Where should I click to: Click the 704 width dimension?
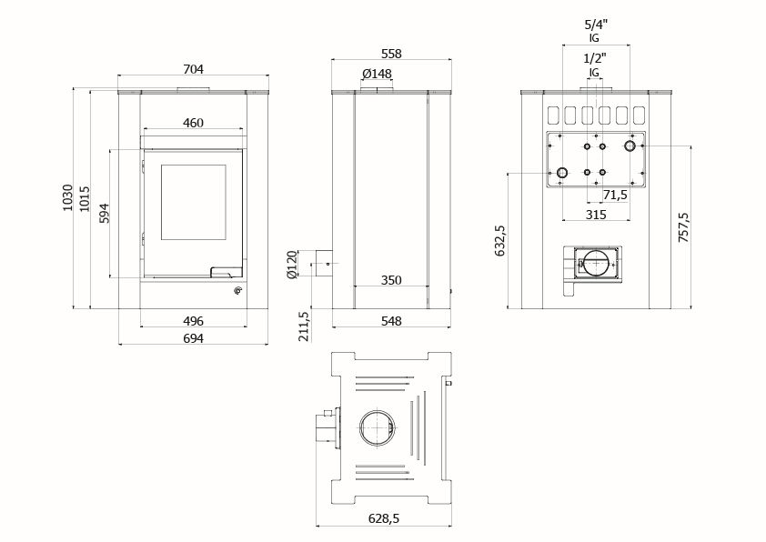(x=193, y=68)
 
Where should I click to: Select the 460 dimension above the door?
(x=193, y=123)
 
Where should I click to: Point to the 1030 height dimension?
(x=66, y=198)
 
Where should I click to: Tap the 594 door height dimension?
(x=104, y=213)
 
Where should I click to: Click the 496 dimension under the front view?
(x=193, y=320)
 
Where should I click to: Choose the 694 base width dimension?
(x=193, y=337)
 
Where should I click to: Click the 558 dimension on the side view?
(x=391, y=54)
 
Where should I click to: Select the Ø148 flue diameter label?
(x=377, y=74)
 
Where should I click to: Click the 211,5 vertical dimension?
(x=304, y=326)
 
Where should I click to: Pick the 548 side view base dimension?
(x=391, y=320)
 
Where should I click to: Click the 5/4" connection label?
(x=596, y=25)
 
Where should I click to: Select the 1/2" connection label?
(x=596, y=58)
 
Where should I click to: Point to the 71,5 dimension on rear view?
(x=615, y=196)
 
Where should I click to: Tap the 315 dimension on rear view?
(x=596, y=214)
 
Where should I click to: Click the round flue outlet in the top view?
(x=377, y=426)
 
